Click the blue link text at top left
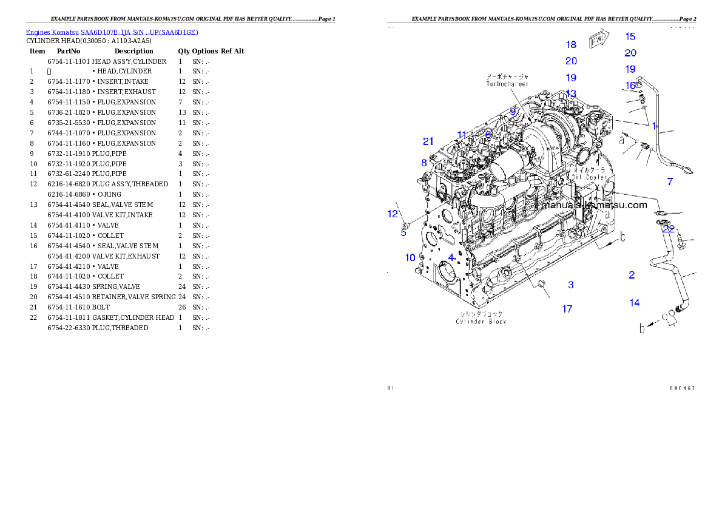tap(112, 32)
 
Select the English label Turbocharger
tap(507, 84)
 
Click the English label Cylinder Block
tap(481, 321)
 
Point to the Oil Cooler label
tap(587, 177)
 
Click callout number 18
tap(571, 44)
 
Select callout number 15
tap(630, 36)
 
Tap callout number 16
tap(631, 86)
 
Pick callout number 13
tap(571, 93)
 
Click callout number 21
tap(428, 141)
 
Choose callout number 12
tap(393, 213)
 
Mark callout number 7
tap(670, 181)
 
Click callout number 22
tap(668, 229)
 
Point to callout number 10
tap(410, 257)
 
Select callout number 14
tap(634, 303)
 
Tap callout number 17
tap(567, 309)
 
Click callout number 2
tap(632, 275)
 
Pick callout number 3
tap(570, 285)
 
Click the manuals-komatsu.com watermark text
tap(595, 205)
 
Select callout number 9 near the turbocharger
tap(513, 111)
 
